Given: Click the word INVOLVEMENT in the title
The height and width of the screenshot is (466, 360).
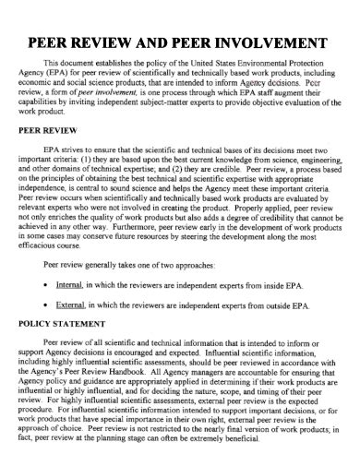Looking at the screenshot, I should tap(275, 44).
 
